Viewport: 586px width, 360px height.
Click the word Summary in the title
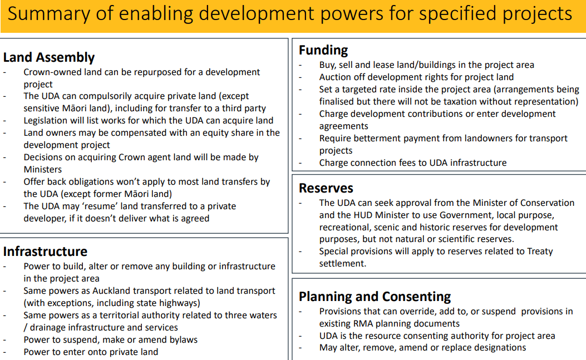click(x=49, y=14)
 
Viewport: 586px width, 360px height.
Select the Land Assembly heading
click(x=49, y=57)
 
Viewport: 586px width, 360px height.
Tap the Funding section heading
click(x=323, y=50)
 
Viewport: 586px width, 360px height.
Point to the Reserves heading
click(x=326, y=188)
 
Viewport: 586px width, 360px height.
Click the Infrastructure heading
click(x=45, y=251)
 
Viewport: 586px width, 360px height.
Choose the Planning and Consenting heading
click(x=375, y=297)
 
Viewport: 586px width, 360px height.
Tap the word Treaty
click(x=540, y=251)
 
